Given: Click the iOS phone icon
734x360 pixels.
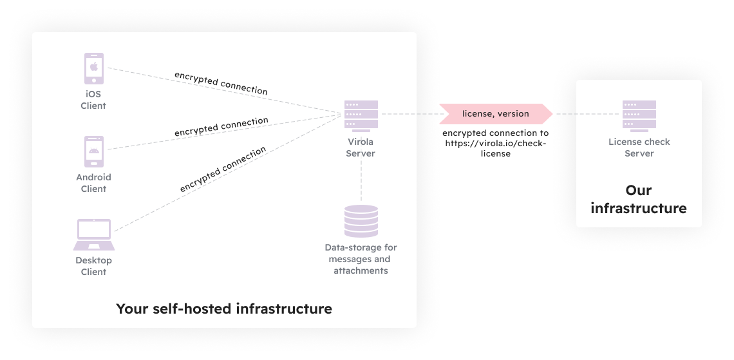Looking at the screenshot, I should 94,68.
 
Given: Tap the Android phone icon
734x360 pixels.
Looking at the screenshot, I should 94,151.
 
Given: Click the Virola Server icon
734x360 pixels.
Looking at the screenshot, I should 361,114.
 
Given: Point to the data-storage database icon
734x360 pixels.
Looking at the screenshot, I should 361,221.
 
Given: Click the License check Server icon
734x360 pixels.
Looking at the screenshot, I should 639,114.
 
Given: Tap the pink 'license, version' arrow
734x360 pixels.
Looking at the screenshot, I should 496,114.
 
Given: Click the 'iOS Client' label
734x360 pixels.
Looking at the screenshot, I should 93,100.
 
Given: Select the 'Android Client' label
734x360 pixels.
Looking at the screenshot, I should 93,183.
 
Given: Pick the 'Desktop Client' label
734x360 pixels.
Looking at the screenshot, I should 93,266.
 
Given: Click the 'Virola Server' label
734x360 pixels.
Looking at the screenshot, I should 361,147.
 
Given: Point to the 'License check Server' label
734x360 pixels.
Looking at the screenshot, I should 639,147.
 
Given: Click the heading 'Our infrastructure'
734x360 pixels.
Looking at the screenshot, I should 638,200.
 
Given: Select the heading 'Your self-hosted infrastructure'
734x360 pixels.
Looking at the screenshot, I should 224,308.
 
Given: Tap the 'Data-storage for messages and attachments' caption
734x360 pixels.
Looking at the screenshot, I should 361,259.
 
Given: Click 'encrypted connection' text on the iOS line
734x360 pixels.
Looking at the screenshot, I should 221,83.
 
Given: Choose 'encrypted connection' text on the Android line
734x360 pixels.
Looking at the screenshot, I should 221,126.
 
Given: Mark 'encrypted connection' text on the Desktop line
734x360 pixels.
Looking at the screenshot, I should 223,169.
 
